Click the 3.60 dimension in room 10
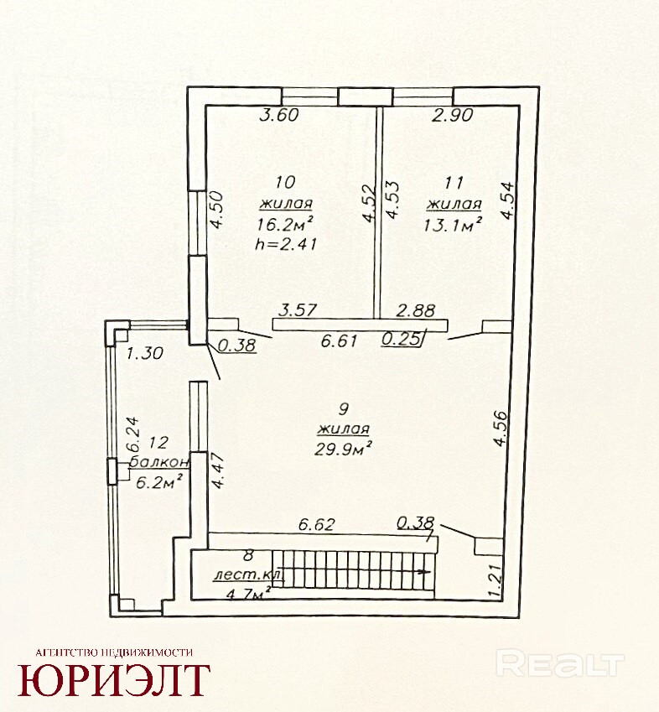(x=279, y=115)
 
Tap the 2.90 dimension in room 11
(x=453, y=115)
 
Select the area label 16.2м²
(x=285, y=224)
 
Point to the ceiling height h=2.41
(x=286, y=244)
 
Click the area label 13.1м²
(x=453, y=224)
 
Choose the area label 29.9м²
(x=344, y=449)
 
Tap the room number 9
(x=344, y=409)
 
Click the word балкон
(x=159, y=462)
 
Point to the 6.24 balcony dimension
(x=132, y=434)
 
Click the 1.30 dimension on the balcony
(x=145, y=353)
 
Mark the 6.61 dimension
(x=340, y=340)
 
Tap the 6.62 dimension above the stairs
(x=316, y=524)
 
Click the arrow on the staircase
(x=423, y=572)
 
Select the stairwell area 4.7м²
(x=249, y=593)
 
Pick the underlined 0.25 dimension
(x=401, y=339)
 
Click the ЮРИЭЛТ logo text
(x=114, y=680)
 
